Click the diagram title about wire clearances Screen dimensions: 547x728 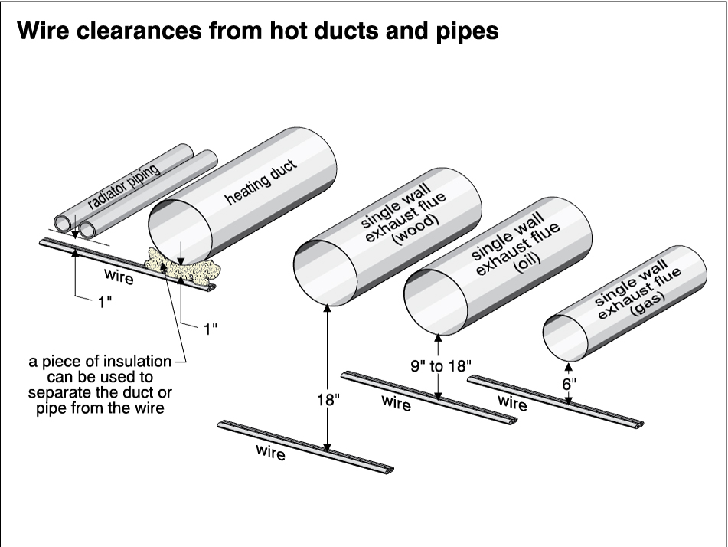point(258,31)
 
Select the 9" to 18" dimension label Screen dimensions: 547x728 point(441,365)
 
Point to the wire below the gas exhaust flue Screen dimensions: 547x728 point(555,398)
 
